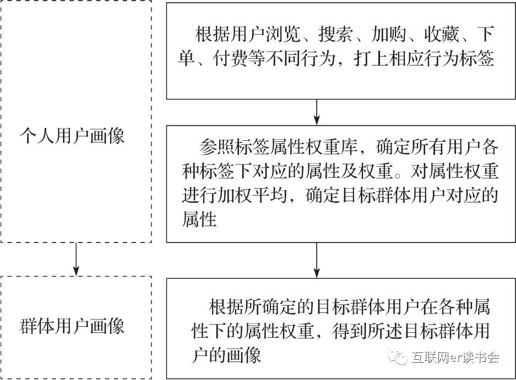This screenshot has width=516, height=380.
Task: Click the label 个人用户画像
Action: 72,135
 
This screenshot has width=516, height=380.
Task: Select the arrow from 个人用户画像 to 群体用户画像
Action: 76,258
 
